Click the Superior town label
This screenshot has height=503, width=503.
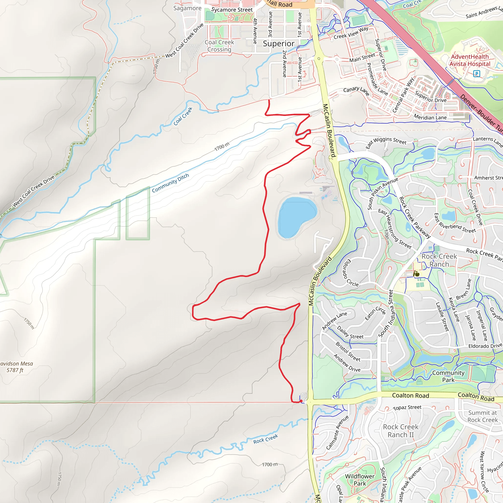click(x=279, y=43)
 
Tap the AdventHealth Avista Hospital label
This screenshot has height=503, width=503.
click(x=470, y=60)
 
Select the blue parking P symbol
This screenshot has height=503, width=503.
click(x=476, y=74)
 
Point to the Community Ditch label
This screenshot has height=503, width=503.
click(x=170, y=183)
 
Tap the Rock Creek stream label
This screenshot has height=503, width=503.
click(x=265, y=439)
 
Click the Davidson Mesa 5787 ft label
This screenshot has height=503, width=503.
click(x=16, y=367)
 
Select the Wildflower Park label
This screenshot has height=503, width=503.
click(x=360, y=480)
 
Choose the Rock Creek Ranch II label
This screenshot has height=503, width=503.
click(x=400, y=431)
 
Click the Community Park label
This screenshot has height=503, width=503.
click(x=448, y=376)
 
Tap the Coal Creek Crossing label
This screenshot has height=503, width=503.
click(x=219, y=46)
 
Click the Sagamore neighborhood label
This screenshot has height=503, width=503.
click(x=187, y=8)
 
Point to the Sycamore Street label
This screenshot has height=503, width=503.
click(x=232, y=10)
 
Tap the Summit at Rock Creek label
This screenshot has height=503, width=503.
click(x=482, y=416)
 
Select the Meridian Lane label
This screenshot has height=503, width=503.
click(x=430, y=117)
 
